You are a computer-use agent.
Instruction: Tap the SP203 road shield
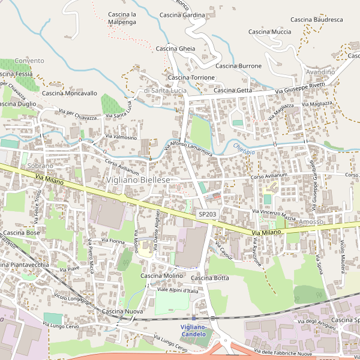coord(207,214)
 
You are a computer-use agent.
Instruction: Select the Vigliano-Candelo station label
coord(193,330)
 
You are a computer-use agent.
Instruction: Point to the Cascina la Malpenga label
coord(122,18)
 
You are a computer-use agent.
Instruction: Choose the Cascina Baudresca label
coord(316,20)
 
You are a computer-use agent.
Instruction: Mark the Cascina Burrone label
coord(238,66)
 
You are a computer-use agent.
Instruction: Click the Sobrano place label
coord(40,165)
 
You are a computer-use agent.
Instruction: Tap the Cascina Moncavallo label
coord(70,94)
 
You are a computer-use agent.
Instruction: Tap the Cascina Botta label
coord(210,278)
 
